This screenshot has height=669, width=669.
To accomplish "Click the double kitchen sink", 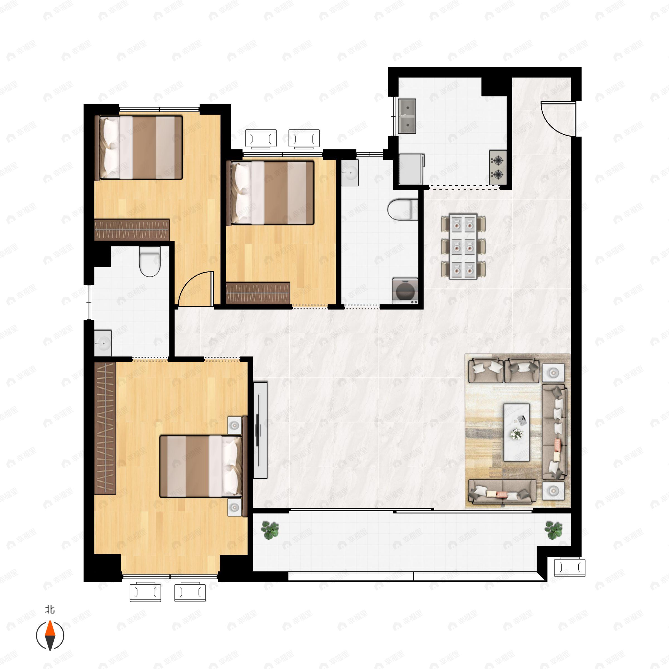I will point(407,116).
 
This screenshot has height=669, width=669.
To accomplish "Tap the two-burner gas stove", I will point(498,167).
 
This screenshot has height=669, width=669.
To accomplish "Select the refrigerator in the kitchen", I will point(411,169).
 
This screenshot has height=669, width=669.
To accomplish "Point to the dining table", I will point(463,246).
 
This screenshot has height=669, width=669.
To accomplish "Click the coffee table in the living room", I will point(516,432).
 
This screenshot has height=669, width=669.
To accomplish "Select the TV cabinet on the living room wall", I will point(260,430).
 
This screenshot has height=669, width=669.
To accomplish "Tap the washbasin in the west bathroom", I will point(103,343).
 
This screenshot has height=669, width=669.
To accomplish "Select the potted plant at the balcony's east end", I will point(553,530).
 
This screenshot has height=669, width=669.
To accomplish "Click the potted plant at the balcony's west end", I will point(270,530).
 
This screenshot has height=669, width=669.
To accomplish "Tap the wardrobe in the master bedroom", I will point(105,428).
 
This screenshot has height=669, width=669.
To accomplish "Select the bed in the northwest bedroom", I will point(139,147).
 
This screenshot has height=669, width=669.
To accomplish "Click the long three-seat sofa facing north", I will point(502,491).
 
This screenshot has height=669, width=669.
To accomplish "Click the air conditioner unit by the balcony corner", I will point(569,568).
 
